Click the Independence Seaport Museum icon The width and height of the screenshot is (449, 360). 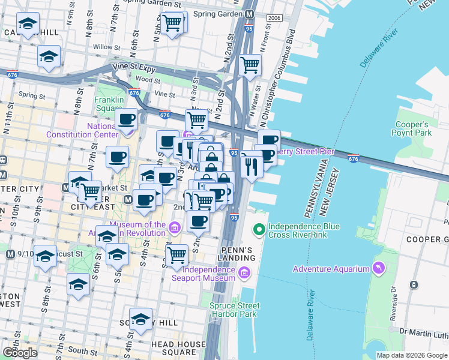(244, 274)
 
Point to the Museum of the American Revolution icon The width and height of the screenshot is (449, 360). (174, 228)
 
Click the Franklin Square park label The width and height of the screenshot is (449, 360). (109, 103)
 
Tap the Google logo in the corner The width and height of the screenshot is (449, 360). (19, 352)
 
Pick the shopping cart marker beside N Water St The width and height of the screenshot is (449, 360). (250, 64)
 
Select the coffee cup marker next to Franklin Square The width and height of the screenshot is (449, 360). (126, 119)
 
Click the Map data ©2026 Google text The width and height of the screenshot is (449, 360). (411, 355)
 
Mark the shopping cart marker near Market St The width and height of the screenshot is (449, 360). (90, 191)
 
